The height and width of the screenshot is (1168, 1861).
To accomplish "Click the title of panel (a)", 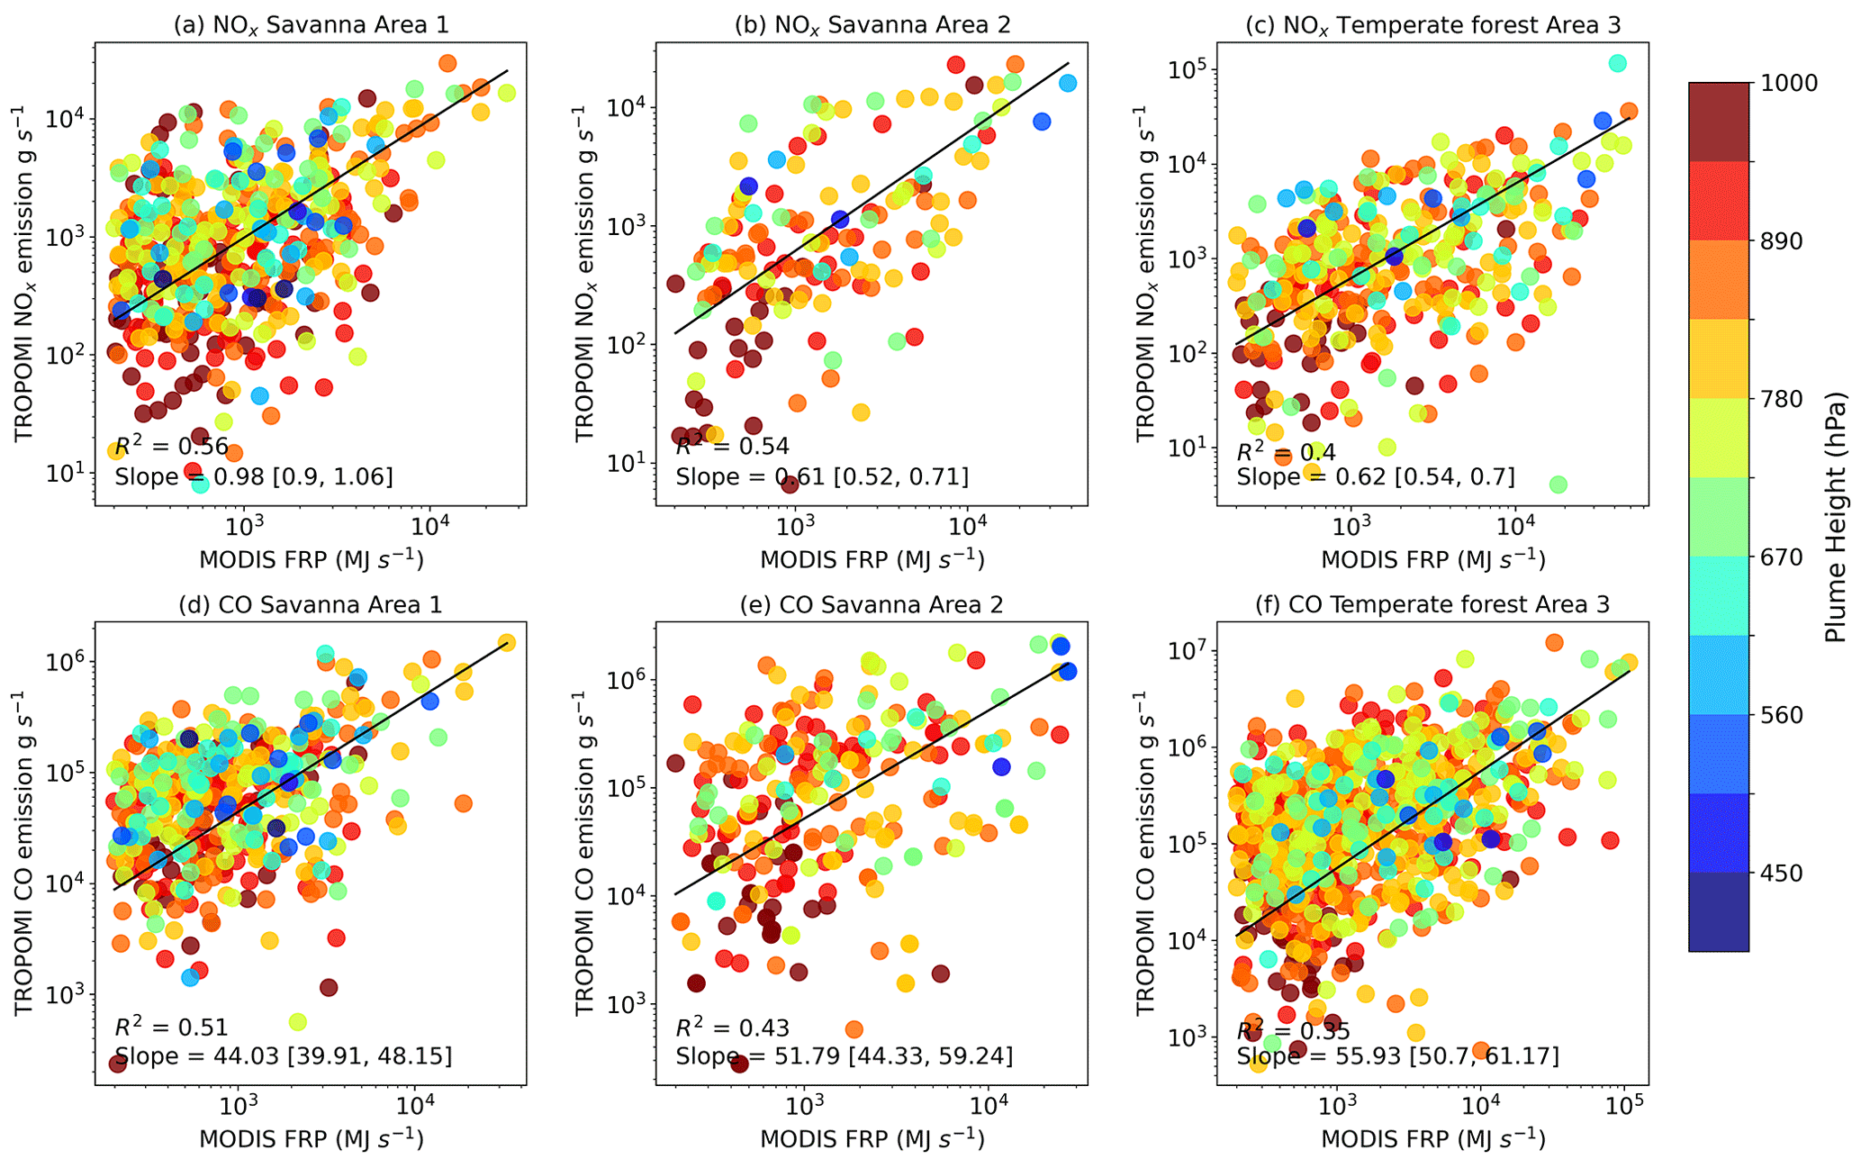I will tap(311, 24).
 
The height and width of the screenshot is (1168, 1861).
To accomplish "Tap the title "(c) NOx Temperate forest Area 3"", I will tap(1432, 24).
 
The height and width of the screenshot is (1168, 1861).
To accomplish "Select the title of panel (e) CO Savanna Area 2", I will tap(872, 604).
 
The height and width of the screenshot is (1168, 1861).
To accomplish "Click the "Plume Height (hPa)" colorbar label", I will tap(1836, 517).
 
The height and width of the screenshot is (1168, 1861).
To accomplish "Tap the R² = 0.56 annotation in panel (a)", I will tap(171, 447).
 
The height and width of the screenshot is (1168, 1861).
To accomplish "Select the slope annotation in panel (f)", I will tap(1397, 1055).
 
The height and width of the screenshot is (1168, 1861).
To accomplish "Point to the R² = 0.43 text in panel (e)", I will tap(732, 1028).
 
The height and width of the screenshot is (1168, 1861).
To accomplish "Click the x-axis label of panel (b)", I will tap(872, 560).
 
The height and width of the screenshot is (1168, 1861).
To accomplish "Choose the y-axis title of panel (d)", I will tap(24, 853).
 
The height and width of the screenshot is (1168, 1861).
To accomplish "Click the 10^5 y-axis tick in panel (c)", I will tap(1188, 70).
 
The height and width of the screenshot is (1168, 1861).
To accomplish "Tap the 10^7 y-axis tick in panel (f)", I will tap(1188, 650).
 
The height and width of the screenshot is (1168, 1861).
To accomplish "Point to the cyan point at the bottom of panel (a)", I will tap(200, 484).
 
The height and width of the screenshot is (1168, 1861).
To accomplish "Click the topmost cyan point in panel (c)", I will tap(1617, 63).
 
